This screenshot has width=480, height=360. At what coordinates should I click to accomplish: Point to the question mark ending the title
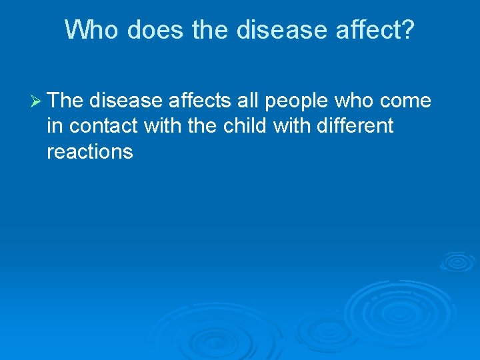(407, 29)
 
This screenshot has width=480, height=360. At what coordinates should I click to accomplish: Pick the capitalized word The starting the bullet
(65, 101)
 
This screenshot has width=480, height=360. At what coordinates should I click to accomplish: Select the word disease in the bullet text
(126, 101)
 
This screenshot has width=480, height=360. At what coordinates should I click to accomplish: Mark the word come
(407, 102)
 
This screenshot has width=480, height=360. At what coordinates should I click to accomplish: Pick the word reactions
(89, 152)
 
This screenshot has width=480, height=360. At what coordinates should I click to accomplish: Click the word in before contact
(55, 126)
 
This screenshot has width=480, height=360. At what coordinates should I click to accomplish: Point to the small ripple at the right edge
(457, 261)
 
